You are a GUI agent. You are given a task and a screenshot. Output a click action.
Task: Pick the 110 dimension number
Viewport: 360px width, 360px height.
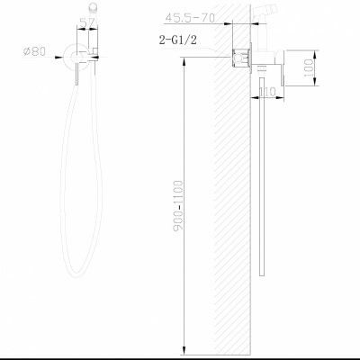[266, 91]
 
